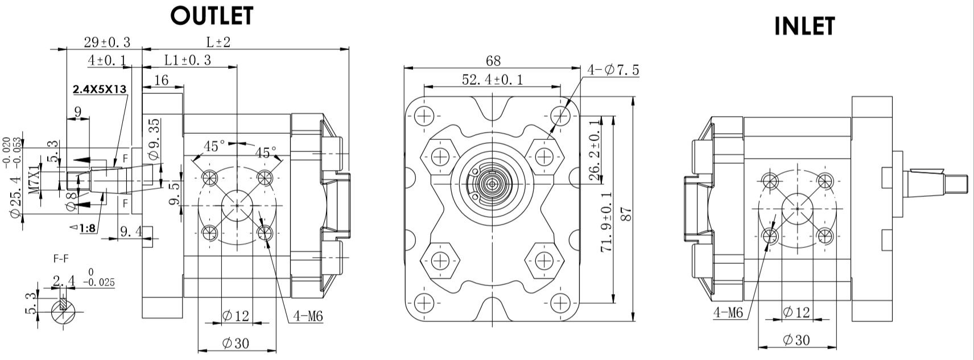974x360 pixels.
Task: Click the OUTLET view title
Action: click(x=212, y=16)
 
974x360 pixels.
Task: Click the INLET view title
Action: click(x=804, y=26)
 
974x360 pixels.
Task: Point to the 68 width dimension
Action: click(x=493, y=60)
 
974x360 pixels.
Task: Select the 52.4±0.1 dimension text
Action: click(x=493, y=80)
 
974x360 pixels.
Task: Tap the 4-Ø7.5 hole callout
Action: click(x=613, y=70)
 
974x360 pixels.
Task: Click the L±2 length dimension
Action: click(x=218, y=42)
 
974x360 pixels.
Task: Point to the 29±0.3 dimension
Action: click(x=107, y=42)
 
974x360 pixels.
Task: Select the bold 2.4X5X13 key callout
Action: click(x=100, y=89)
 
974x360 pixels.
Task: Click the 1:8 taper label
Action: click(x=86, y=229)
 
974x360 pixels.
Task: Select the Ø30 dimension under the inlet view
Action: click(x=796, y=340)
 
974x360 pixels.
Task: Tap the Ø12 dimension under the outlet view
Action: click(x=236, y=316)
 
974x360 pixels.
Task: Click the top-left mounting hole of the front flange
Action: click(x=424, y=117)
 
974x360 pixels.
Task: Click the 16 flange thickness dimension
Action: click(x=162, y=80)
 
